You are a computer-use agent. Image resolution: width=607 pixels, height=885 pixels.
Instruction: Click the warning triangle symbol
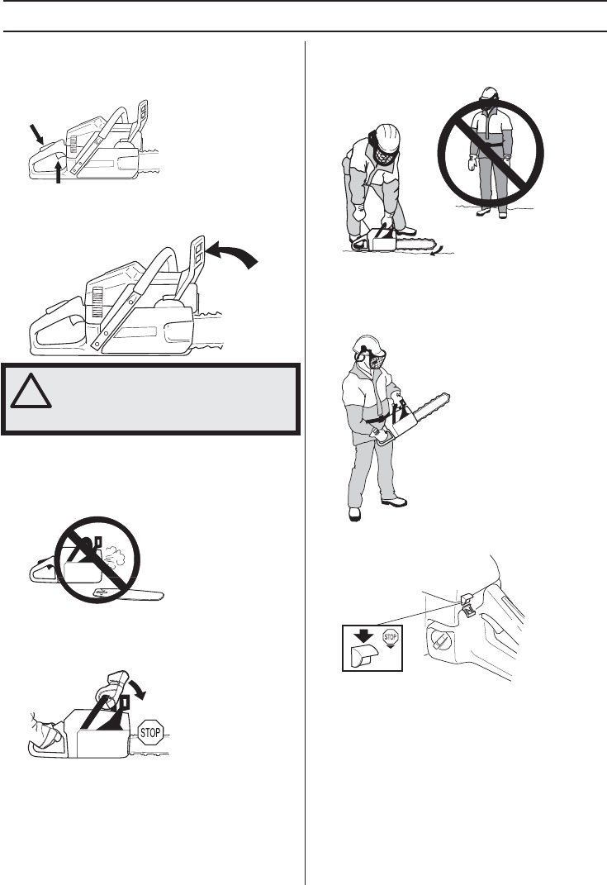(31, 392)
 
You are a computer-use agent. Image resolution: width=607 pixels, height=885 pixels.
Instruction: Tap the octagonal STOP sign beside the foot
(149, 733)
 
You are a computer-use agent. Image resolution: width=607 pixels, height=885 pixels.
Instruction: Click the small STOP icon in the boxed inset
(391, 638)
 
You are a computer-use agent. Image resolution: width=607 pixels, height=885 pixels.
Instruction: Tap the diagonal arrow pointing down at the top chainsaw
(36, 135)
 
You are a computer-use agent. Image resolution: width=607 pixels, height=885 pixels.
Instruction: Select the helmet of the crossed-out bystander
(489, 93)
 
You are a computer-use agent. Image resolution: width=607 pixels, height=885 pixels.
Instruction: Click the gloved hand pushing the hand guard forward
(112, 685)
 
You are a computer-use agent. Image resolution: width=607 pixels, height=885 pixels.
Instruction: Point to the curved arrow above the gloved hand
(137, 688)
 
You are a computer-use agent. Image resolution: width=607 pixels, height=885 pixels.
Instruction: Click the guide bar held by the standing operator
(431, 408)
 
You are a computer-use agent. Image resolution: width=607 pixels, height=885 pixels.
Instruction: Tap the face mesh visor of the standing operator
(376, 359)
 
